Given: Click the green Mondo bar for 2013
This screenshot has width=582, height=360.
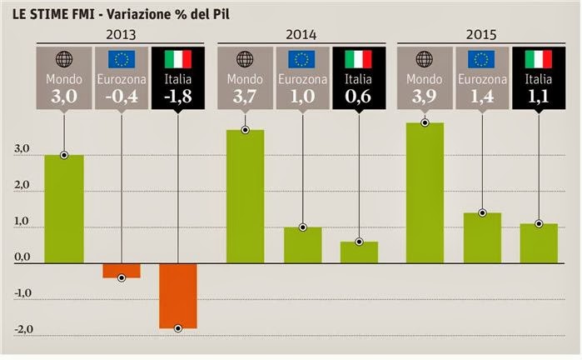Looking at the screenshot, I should [x=64, y=209].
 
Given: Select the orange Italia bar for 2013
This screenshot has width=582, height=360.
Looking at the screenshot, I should [x=177, y=296].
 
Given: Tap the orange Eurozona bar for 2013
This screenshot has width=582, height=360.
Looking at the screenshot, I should [x=122, y=271].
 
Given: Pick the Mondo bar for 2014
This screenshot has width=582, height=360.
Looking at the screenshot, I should [x=245, y=197].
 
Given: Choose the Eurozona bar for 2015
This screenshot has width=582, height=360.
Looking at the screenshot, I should [x=482, y=237].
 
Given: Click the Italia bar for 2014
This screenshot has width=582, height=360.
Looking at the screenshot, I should [x=359, y=252].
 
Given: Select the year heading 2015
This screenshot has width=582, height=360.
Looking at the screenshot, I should [x=482, y=36].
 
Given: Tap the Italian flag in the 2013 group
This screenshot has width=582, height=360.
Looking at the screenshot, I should [x=177, y=58].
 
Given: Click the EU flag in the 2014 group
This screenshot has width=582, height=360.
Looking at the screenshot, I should [x=302, y=58].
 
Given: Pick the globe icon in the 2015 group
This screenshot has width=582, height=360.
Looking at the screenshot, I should [x=425, y=58].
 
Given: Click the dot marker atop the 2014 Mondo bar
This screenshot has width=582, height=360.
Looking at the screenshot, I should [x=245, y=130].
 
